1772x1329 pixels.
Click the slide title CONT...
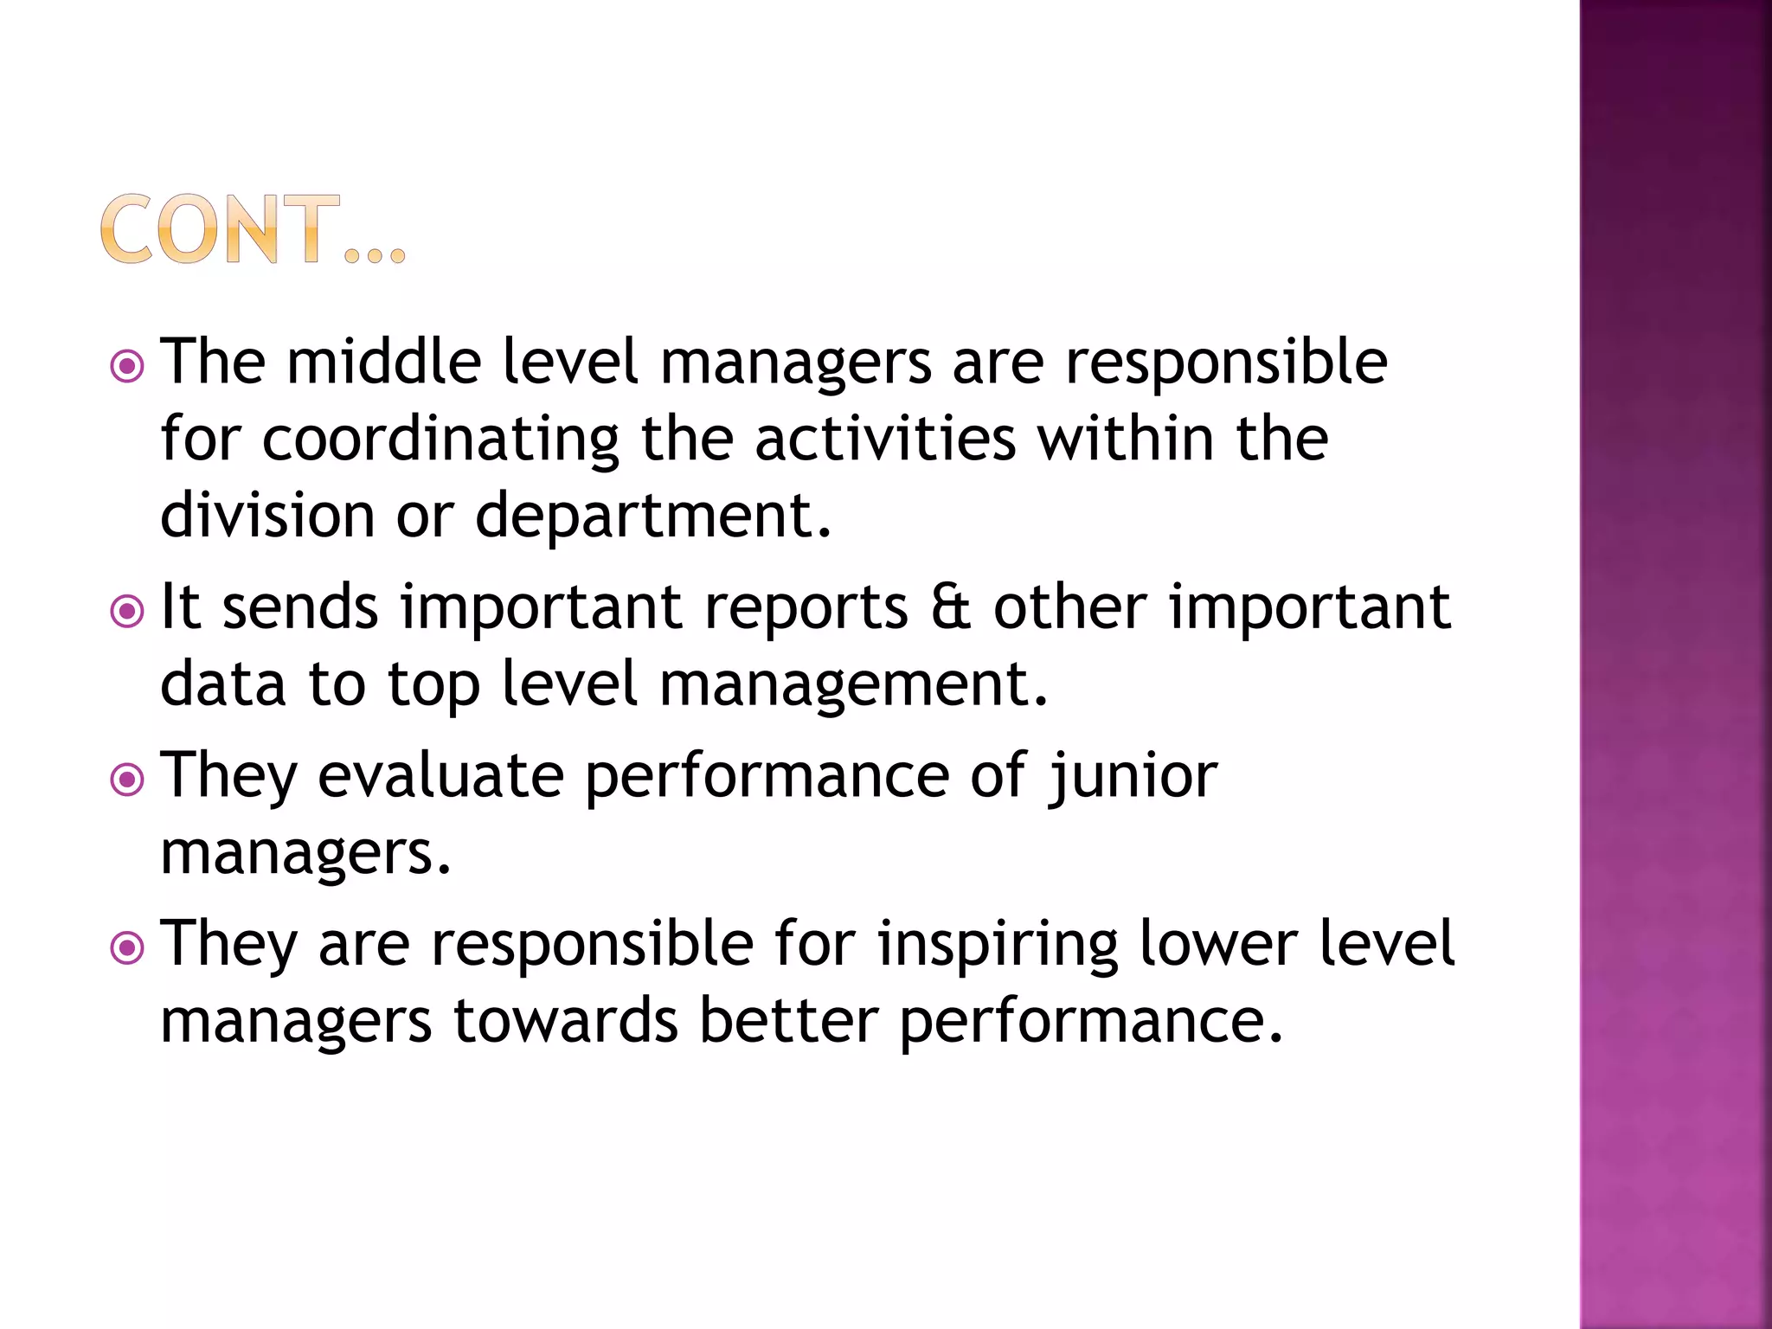(251, 230)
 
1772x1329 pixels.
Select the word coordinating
(440, 440)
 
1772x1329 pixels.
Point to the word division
(266, 516)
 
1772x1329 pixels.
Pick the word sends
(300, 607)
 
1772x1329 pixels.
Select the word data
(223, 684)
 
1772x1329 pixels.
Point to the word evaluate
(440, 775)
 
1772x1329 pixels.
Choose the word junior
(1133, 777)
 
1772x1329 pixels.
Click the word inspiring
(997, 945)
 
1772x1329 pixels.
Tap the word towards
(565, 1021)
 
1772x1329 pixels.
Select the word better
(788, 1021)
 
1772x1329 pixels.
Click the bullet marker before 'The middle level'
(127, 367)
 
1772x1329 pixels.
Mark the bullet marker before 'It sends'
(127, 613)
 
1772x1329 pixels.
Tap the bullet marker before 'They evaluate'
(127, 780)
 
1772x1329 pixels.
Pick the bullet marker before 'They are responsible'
(127, 948)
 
